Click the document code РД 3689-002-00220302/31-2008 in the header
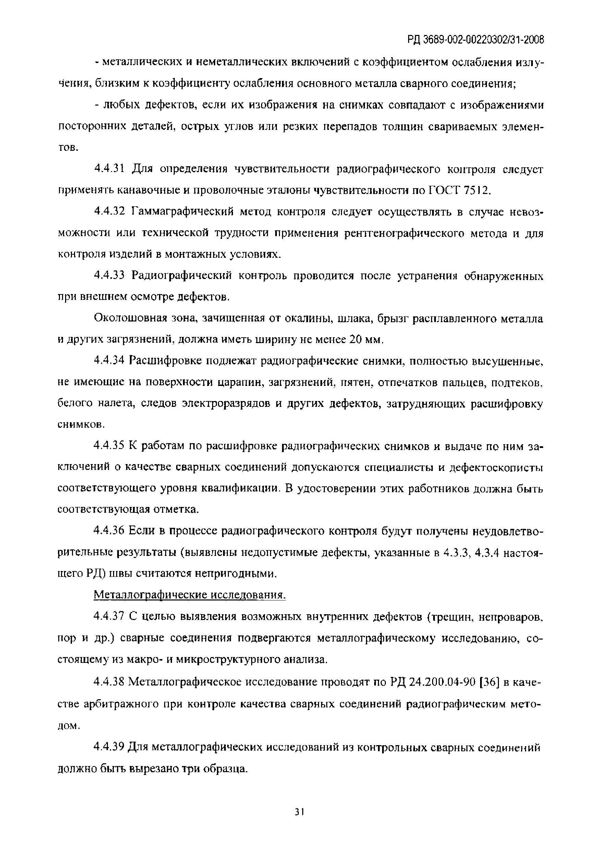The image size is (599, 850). click(x=476, y=39)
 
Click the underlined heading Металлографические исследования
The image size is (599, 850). click(x=190, y=595)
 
